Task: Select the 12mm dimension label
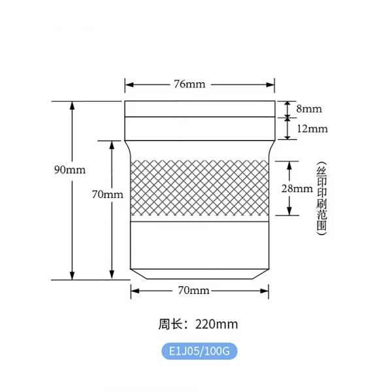[312, 129]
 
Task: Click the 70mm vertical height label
[108, 194]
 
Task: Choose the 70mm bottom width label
[193, 290]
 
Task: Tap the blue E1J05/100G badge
[199, 351]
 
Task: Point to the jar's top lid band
[199, 108]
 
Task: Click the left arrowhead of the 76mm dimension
[128, 84]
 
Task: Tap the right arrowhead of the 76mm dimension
[271, 84]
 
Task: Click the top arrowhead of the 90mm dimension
[73, 105]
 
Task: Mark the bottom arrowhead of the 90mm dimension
[73, 276]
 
